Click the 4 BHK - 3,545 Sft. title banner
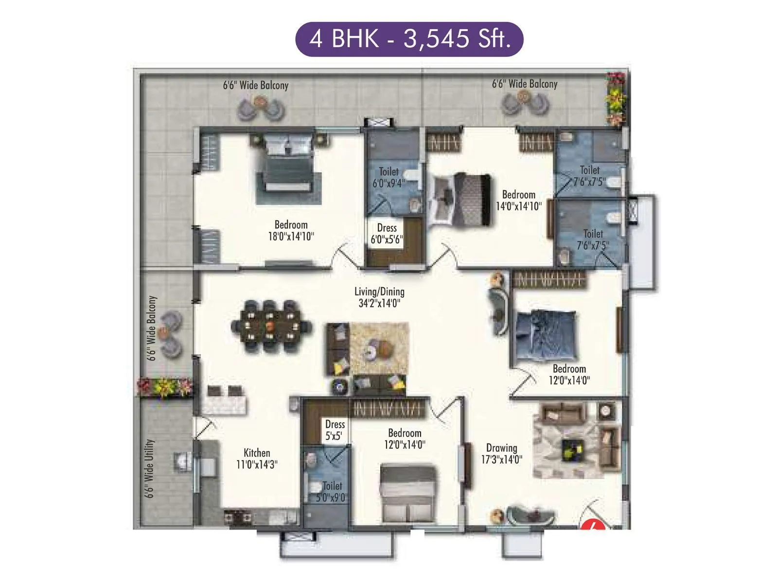pos(409,39)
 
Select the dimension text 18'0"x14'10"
pos(291,237)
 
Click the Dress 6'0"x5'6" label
pos(387,234)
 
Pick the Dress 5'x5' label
pos(335,430)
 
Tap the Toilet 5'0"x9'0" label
pos(332,491)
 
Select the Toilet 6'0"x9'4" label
pos(388,177)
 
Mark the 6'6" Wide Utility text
pos(150,469)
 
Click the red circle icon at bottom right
pos(593,525)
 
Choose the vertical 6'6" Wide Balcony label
pos(152,328)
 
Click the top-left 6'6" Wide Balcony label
pos(256,86)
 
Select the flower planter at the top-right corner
pos(616,100)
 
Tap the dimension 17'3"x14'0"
pos(501,460)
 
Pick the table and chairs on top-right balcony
pos(526,103)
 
